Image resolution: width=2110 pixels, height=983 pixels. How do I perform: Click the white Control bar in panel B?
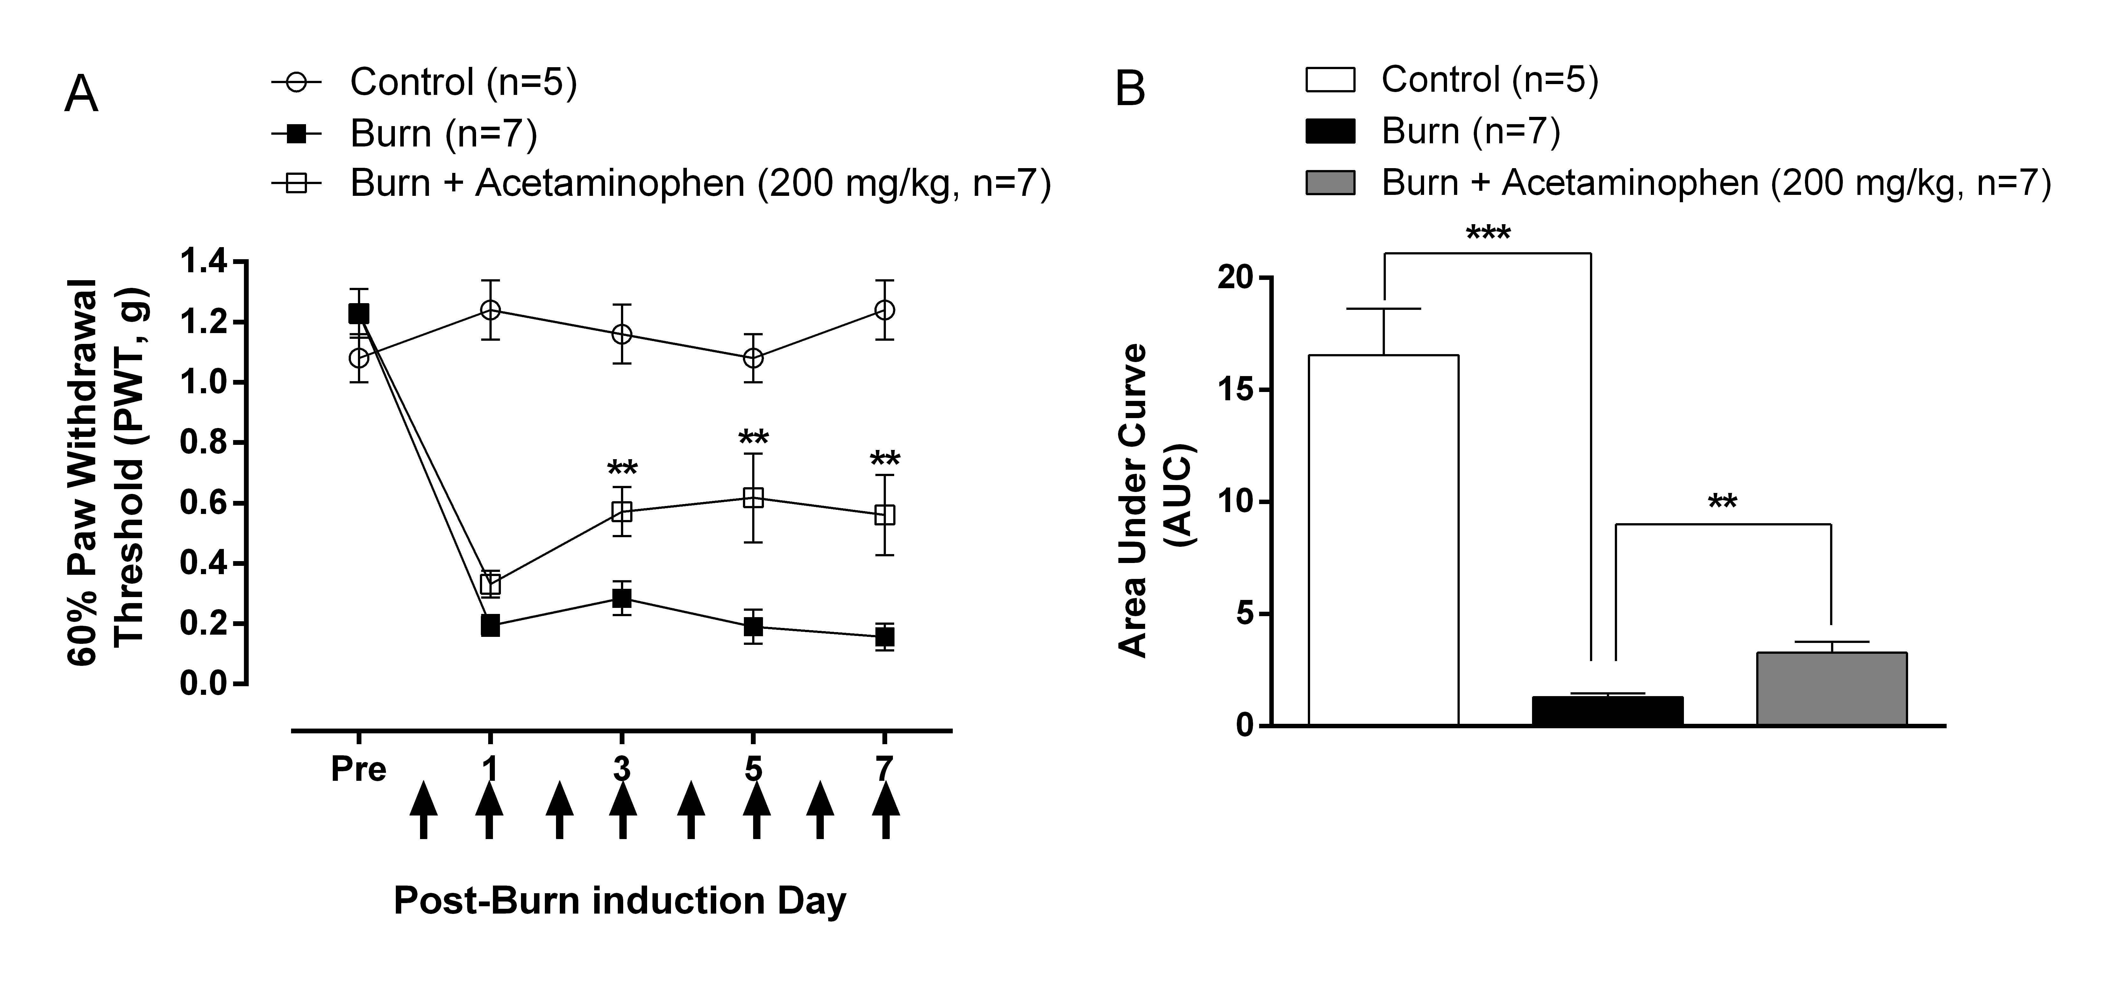click(1383, 541)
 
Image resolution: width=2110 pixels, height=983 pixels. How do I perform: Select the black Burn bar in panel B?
click(1607, 711)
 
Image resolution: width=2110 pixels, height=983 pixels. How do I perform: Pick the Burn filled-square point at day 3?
click(622, 598)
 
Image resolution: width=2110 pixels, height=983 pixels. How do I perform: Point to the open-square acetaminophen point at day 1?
click(490, 584)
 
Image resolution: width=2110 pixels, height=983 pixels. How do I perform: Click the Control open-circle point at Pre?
click(359, 358)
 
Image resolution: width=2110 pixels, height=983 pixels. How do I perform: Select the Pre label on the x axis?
click(358, 770)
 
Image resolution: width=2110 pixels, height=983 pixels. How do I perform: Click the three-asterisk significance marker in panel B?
click(1487, 234)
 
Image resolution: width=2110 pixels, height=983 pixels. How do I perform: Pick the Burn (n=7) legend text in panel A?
click(443, 133)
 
